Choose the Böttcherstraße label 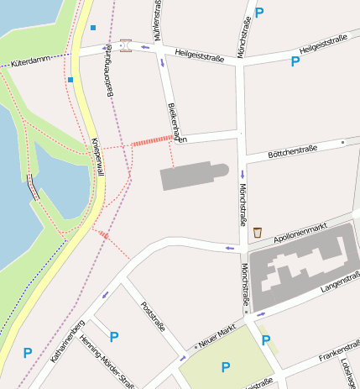point(291,151)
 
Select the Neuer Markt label point(216,336)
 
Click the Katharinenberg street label point(67,340)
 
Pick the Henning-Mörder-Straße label point(107,362)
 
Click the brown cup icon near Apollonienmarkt point(257,232)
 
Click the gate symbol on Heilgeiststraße point(126,45)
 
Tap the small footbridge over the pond point(34,186)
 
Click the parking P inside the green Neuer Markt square point(225,367)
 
